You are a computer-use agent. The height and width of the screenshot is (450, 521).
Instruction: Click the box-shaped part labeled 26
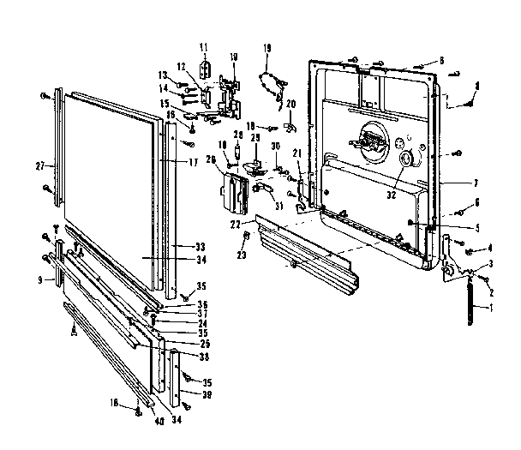tap(235, 190)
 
